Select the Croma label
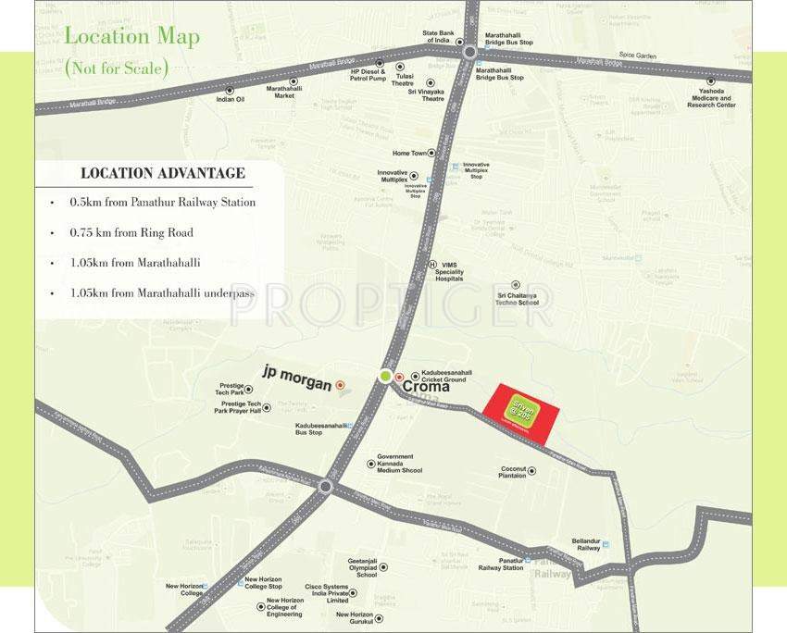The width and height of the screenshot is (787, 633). coord(427,387)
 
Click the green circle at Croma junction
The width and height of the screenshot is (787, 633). coord(385,376)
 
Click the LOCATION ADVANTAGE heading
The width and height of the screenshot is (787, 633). coord(163,173)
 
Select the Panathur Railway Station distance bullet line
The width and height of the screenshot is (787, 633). coord(162,202)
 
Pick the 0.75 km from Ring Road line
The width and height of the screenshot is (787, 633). coord(131,232)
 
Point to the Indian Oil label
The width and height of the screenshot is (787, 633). coord(231,99)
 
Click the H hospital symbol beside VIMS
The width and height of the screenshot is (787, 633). coord(431,265)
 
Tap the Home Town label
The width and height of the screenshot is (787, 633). coord(408,153)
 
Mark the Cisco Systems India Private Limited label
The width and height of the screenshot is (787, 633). coord(327,593)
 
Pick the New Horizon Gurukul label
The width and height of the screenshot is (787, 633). coord(355,617)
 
